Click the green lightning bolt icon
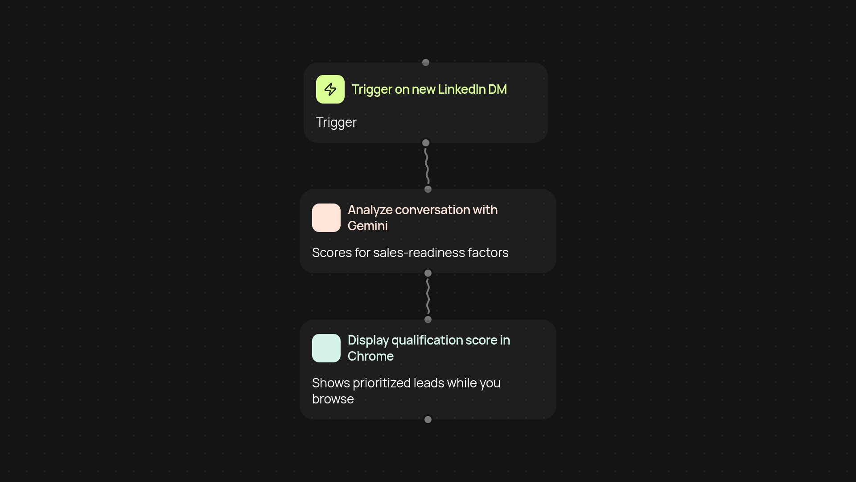[330, 89]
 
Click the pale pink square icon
[326, 218]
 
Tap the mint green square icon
[326, 348]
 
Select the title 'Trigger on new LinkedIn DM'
[429, 89]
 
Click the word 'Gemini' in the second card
[368, 226]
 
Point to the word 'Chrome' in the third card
[370, 356]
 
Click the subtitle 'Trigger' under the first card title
[336, 122]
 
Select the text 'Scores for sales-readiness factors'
[410, 253]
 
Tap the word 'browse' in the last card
[333, 399]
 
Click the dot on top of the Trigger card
[426, 62]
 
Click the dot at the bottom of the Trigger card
[426, 143]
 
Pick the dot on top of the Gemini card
[428, 189]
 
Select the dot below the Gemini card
[428, 273]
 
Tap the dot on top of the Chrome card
[428, 320]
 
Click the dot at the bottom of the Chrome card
[428, 420]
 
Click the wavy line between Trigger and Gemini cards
[427, 166]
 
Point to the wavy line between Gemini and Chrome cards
[428, 296]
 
